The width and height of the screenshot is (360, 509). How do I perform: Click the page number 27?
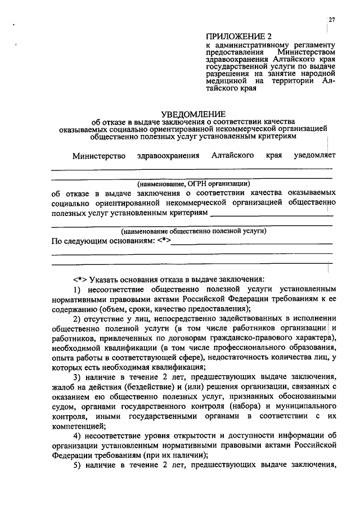[332, 21]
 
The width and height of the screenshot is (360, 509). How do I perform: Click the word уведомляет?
[310, 156]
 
